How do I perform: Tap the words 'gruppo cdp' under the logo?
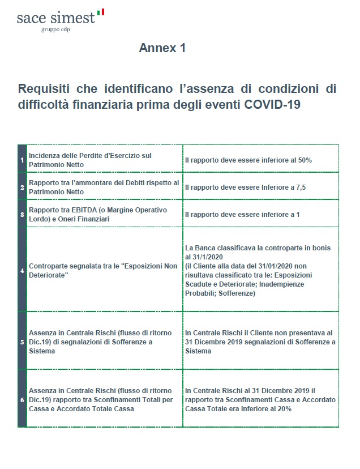55,29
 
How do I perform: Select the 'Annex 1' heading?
162,49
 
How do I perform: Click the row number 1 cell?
22,160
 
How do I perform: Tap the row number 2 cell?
22,186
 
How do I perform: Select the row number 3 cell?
22,214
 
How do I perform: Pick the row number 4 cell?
22,270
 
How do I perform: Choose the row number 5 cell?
22,342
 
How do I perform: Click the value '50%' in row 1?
304,160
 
